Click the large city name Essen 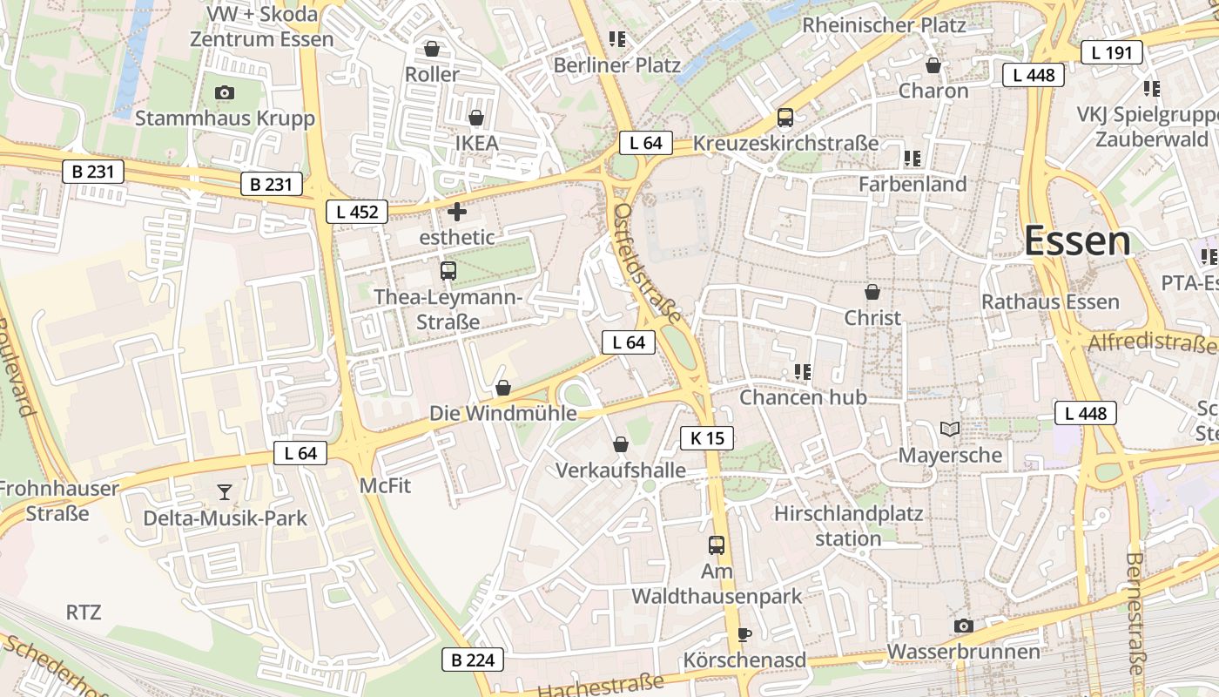point(1077,240)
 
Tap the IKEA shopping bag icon point(476,118)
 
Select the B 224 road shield point(473,660)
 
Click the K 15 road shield point(706,438)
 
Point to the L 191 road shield point(1111,53)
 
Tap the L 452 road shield point(357,211)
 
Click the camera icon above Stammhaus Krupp point(224,92)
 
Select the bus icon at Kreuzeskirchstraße point(785,118)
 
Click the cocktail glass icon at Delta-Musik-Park point(225,493)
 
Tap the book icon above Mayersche point(950,430)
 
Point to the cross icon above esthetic point(456,212)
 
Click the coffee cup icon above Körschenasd point(744,634)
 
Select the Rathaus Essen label point(1050,302)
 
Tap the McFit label point(386,485)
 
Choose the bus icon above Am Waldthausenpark point(716,545)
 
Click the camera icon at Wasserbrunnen point(963,626)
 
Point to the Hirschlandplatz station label point(848,525)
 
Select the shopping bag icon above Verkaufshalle point(621,445)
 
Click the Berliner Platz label point(617,65)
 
